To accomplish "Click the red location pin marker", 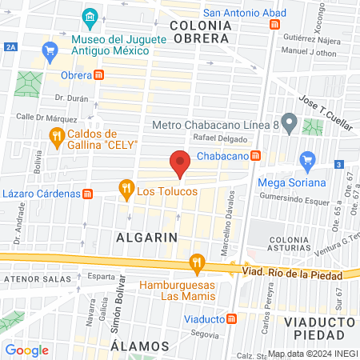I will point(180,165).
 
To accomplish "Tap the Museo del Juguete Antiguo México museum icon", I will point(90,17).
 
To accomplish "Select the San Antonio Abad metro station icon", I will point(275,25).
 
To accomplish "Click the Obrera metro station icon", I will point(99,75).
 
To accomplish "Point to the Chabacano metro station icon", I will point(255,156).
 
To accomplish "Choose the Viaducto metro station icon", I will point(232,318).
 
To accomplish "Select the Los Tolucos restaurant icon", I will point(126,190).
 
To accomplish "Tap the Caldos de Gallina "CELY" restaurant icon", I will point(56,138).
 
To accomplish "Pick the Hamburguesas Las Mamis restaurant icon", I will point(196,262).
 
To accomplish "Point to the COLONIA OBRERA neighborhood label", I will point(201,32).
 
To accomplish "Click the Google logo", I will point(27,350).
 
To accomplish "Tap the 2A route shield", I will point(10,48).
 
